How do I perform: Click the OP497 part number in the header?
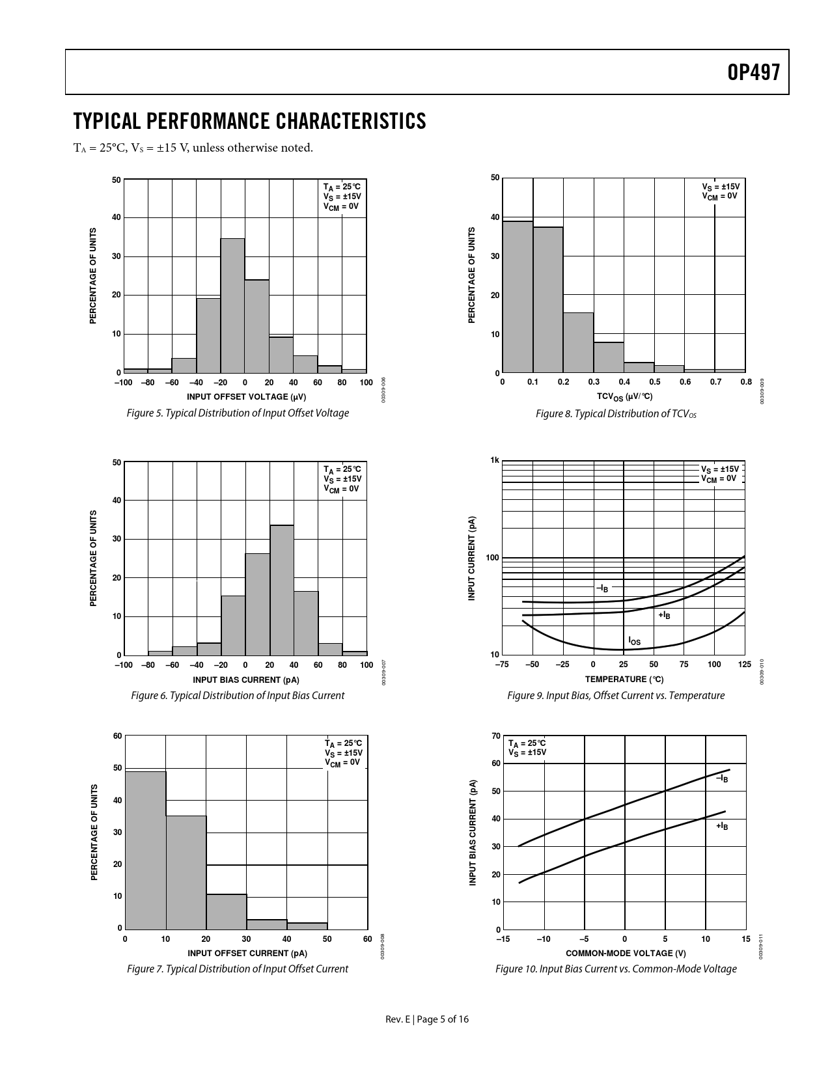[753, 73]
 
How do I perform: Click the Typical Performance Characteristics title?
[250, 121]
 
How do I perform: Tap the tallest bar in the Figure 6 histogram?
[281, 590]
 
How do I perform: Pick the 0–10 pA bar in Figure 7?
[145, 849]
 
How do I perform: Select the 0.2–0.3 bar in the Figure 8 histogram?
[578, 342]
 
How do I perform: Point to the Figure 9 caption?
[615, 695]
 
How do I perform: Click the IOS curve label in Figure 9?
[634, 642]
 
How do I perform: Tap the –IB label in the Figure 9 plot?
[603, 588]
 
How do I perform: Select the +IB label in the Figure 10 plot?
[722, 826]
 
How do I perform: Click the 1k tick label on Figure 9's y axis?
[494, 461]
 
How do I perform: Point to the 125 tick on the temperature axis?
[745, 665]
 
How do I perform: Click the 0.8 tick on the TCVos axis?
[746, 382]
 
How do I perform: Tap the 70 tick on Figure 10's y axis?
[496, 736]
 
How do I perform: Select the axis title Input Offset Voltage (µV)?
[246, 396]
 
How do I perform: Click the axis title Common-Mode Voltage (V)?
[625, 953]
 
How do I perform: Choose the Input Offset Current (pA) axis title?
[247, 953]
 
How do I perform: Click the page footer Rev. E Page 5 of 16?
[426, 1019]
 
